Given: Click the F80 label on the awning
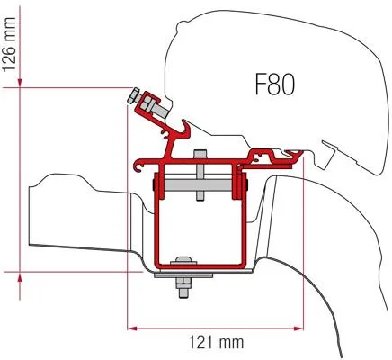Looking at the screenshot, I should [275, 86].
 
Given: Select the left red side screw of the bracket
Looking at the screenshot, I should [158, 185].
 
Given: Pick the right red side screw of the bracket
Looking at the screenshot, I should [239, 185].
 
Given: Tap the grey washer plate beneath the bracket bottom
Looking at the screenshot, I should [184, 275].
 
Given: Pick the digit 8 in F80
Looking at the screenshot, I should [275, 86].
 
